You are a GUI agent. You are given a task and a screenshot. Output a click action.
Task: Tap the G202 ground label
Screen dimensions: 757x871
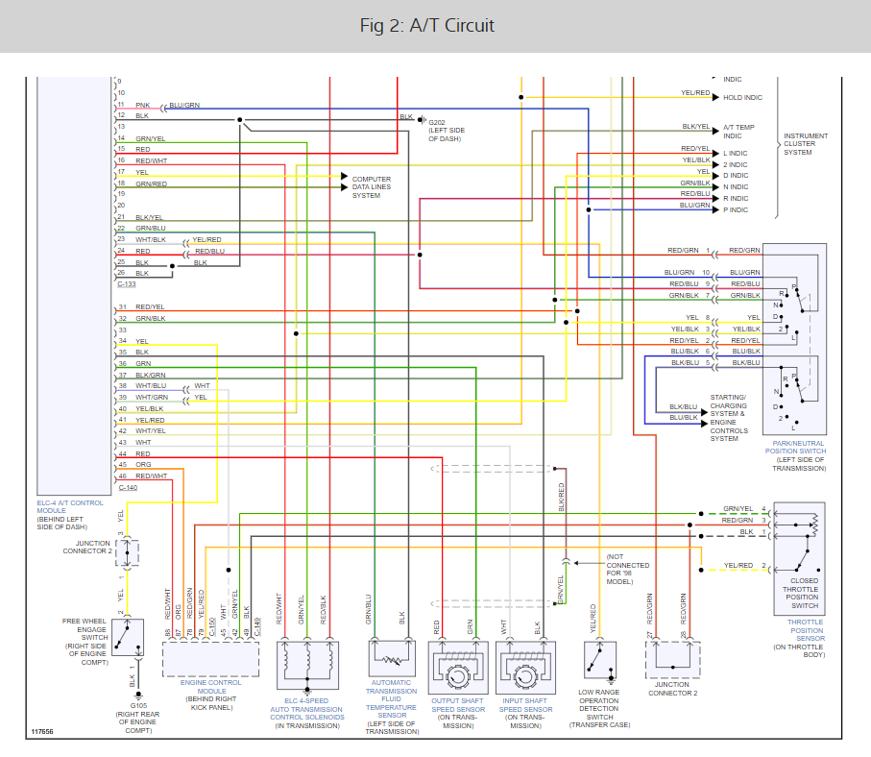point(438,123)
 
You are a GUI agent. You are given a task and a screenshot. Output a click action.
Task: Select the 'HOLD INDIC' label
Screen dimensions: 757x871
point(742,97)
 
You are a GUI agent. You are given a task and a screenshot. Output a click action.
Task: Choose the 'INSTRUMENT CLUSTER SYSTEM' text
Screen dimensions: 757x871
point(805,144)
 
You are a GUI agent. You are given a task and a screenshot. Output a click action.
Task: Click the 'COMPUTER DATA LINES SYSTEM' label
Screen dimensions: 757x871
point(372,187)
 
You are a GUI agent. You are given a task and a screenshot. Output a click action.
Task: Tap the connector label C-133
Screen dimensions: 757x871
point(127,284)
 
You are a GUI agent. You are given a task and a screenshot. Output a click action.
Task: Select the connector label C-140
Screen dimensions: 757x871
point(127,487)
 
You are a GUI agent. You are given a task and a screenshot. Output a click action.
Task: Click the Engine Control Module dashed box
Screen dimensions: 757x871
point(210,659)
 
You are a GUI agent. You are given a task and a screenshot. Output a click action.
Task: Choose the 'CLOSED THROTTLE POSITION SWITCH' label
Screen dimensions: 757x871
point(805,593)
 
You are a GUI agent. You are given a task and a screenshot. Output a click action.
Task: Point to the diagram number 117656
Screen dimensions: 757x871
point(41,732)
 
